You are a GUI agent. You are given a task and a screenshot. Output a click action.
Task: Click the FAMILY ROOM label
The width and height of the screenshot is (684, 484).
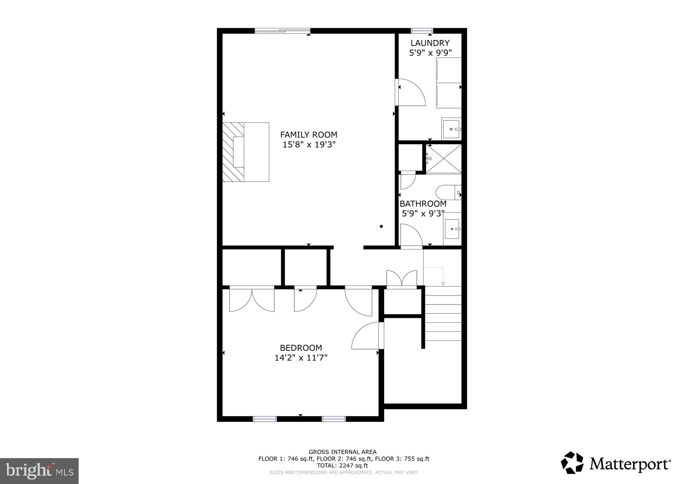(308, 135)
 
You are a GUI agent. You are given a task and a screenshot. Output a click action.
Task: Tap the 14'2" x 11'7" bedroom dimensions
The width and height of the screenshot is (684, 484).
(301, 358)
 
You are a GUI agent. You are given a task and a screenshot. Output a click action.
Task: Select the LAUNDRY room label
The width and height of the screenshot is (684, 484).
(430, 43)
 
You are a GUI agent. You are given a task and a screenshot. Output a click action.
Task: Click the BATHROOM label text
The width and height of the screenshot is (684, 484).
(423, 204)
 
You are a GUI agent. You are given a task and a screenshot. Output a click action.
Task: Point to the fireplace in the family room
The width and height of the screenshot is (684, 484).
(245, 152)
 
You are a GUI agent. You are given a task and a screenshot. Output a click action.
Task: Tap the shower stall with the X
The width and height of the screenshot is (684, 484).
(443, 159)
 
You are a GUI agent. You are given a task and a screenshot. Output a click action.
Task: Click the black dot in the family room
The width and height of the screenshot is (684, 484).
(381, 227)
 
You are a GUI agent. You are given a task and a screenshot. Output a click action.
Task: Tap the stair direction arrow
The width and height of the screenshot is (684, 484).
(443, 283)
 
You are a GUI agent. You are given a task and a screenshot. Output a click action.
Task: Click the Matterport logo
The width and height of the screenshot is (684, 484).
(616, 464)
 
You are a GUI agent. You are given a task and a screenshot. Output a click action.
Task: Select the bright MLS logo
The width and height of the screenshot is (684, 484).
(39, 471)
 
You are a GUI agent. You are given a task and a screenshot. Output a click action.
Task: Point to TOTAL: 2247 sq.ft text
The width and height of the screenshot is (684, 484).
(342, 466)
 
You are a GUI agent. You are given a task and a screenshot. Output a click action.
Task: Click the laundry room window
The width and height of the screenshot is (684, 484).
(422, 31)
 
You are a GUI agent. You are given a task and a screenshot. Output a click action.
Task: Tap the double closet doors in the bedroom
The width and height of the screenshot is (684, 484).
(252, 299)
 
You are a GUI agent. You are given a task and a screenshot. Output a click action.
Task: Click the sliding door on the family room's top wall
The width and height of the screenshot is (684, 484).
(282, 31)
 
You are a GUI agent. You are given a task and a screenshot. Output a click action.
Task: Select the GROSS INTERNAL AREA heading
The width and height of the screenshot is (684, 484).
(342, 452)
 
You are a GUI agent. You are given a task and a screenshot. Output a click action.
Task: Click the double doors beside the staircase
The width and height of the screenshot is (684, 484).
(402, 279)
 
